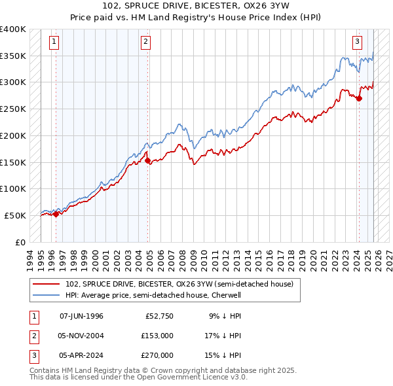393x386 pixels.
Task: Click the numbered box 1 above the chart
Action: tap(54, 43)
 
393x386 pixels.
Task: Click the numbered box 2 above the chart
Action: tap(145, 43)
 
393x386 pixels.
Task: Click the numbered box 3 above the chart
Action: tap(357, 43)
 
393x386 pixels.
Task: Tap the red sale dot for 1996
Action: tap(56, 213)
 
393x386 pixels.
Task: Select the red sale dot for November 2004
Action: tap(147, 160)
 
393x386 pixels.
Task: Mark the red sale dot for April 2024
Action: tap(359, 98)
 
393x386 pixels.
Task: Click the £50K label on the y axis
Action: tap(16, 215)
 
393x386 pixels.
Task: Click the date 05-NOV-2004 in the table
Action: tap(81, 336)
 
